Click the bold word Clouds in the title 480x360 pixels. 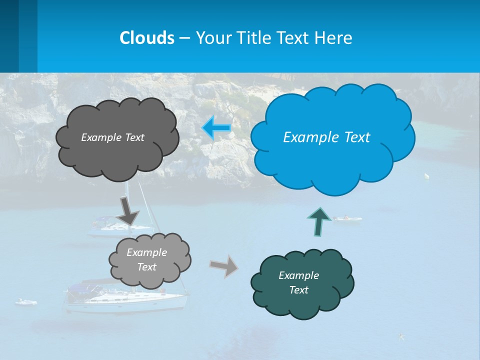[147, 37]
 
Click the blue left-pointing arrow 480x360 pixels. [216, 128]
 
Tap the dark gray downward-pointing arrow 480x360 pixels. [128, 210]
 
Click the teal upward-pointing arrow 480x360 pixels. [319, 220]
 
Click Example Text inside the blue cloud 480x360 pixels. [326, 137]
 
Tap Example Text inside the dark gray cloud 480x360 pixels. [112, 137]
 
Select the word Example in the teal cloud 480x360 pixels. [298, 275]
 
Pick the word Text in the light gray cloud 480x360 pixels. [146, 267]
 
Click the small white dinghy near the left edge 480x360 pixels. [26, 302]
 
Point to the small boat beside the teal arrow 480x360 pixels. [347, 219]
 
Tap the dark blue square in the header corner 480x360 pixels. [9, 35]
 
